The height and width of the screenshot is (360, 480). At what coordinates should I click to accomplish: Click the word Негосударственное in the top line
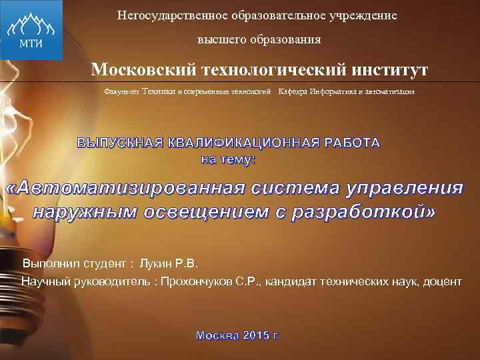click(x=157, y=15)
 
